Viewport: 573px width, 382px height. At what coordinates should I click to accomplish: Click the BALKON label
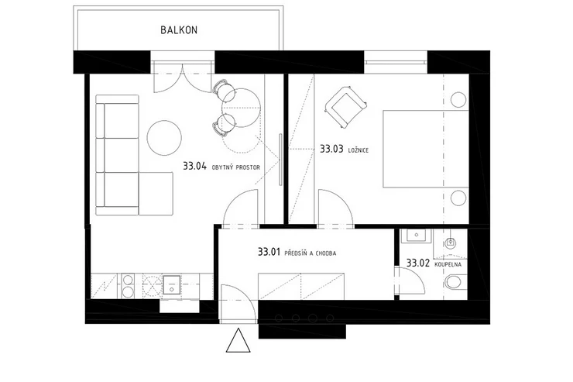click(179, 30)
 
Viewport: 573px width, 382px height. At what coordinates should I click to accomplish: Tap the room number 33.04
click(195, 167)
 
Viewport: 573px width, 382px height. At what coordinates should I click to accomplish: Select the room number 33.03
click(331, 149)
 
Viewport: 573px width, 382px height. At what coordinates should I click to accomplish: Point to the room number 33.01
click(269, 252)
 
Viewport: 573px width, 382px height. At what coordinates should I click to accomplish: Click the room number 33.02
click(417, 263)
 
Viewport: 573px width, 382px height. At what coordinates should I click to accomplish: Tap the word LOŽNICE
click(359, 150)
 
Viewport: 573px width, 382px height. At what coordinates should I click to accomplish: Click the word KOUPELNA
click(448, 264)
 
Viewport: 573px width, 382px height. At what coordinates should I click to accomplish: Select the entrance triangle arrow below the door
click(238, 341)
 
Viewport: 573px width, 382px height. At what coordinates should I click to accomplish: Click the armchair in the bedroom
click(345, 107)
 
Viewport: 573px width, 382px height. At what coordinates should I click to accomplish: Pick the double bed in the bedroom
click(426, 149)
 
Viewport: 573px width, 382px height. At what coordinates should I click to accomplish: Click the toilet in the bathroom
click(456, 282)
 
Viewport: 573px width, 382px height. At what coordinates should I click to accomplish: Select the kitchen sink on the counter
click(171, 285)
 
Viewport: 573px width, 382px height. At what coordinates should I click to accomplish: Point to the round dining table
click(241, 108)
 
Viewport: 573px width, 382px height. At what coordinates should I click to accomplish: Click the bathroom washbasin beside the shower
click(416, 236)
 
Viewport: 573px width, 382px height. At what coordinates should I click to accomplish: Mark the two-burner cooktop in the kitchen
click(128, 286)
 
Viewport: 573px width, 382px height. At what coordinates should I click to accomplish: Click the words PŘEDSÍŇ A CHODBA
click(310, 253)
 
